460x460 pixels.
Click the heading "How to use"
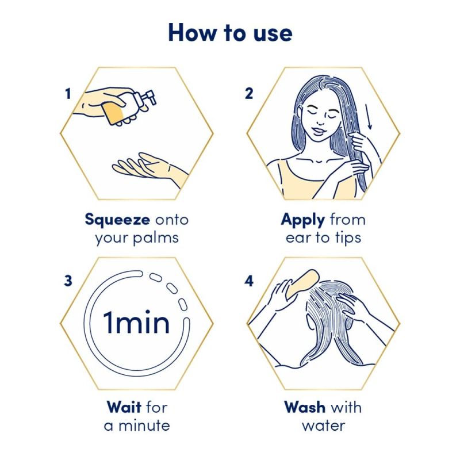[231, 33]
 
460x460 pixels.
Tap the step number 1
[68, 94]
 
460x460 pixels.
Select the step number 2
[249, 94]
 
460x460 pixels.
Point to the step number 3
[68, 281]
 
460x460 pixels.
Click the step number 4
[249, 281]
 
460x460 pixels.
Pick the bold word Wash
[305, 407]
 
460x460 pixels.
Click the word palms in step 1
[155, 238]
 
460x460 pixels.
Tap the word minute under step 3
[144, 425]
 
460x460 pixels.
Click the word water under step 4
[324, 426]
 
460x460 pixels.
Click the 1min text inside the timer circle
[136, 323]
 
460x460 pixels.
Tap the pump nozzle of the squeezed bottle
[148, 97]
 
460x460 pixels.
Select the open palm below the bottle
[149, 168]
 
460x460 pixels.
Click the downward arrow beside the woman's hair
[369, 117]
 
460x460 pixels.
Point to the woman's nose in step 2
[320, 121]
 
